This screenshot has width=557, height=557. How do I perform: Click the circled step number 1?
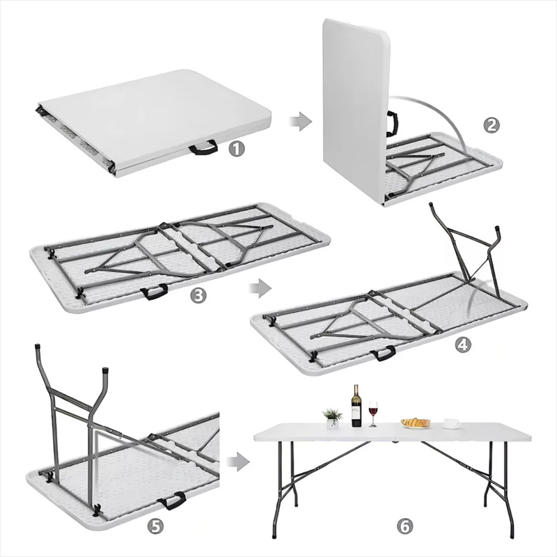point(236,148)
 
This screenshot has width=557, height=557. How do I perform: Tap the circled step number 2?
point(491,125)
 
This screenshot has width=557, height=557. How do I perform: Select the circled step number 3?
point(198,295)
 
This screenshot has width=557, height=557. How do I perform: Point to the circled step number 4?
point(462,344)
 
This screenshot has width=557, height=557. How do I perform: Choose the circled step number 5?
point(155,526)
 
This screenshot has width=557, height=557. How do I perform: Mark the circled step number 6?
point(405,526)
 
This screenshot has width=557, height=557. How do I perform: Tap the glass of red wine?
point(373,414)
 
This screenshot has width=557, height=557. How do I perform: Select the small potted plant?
point(332,418)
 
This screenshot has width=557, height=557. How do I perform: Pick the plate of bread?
point(415,423)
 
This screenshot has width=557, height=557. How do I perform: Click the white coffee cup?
point(452,423)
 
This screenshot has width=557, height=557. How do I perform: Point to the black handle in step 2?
point(392,124)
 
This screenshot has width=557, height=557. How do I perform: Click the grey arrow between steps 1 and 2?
point(300,121)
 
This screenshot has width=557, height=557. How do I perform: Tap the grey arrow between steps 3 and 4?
point(260,288)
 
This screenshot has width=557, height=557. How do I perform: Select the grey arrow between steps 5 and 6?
point(238,462)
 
